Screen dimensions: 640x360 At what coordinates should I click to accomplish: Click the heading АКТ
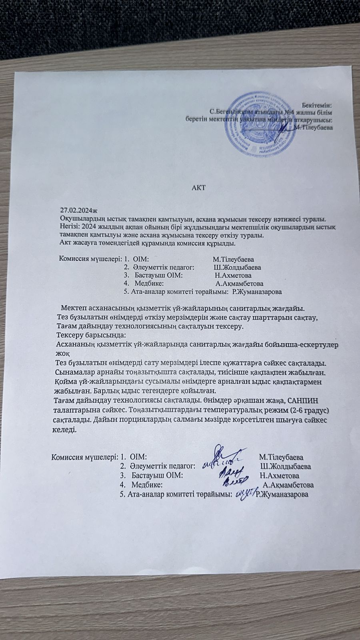(x=198, y=187)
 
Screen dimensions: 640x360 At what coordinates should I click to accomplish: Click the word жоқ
(x=63, y=354)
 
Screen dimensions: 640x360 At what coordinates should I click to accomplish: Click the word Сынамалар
(x=75, y=372)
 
